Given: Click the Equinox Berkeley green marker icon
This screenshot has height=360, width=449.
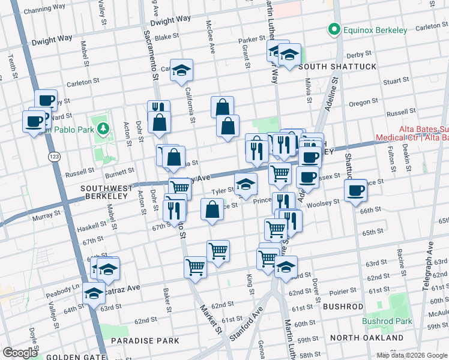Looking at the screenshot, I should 332,29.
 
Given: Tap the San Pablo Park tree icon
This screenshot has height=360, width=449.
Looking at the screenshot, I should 103,128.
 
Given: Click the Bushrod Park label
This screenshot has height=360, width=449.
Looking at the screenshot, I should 387,321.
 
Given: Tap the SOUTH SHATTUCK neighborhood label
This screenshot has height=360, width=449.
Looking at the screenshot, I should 340,67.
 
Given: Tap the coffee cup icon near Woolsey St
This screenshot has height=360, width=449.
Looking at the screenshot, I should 355,190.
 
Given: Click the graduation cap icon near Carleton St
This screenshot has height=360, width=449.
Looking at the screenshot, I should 181,70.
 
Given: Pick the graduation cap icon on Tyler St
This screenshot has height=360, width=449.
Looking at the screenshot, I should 245,184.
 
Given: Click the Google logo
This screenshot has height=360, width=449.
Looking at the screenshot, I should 20,353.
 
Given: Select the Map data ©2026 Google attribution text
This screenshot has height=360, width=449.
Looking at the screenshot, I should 412,355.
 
